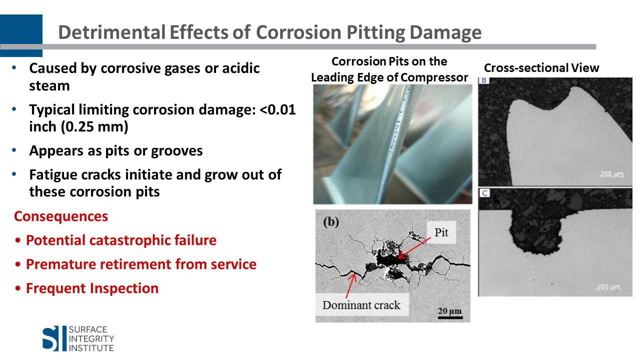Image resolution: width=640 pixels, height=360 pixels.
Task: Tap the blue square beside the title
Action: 21,35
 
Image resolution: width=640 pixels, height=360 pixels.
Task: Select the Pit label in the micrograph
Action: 441,232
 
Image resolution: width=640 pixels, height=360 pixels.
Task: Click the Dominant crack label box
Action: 361,305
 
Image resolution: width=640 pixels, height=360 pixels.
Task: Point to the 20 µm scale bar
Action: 450,317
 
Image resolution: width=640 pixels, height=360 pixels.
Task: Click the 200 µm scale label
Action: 611,173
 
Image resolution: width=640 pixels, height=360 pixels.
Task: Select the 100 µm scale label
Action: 608,287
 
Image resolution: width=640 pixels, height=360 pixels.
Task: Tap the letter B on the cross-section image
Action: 484,80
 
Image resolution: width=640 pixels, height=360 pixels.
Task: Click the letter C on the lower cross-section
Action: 484,193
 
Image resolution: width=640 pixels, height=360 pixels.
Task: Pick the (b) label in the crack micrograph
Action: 331,222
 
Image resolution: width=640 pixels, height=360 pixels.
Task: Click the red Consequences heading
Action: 61,216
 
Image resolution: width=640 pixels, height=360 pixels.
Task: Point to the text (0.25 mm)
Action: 94,127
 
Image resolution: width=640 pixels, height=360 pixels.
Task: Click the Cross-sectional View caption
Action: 541,68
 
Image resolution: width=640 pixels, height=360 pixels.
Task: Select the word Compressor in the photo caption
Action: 434,77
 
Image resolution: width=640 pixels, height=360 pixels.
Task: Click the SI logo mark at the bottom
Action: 50,338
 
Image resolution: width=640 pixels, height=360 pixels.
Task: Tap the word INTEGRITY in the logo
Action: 91,339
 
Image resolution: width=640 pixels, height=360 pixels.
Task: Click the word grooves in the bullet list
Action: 177,151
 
